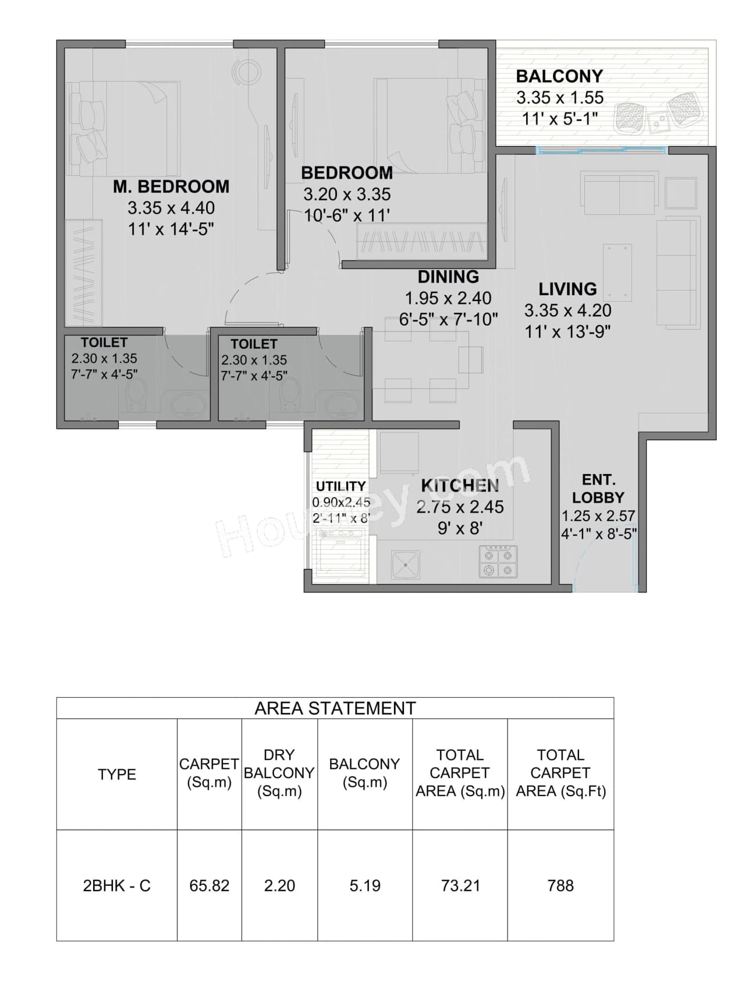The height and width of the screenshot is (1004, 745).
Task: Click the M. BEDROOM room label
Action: tap(171, 187)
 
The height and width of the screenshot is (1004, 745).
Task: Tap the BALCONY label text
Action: tap(559, 76)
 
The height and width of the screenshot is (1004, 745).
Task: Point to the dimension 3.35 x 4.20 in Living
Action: tap(567, 310)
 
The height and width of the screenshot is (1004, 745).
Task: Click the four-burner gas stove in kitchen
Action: tap(498, 561)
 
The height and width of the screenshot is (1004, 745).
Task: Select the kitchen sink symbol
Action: tap(406, 564)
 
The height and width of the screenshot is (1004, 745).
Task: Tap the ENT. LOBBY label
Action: tap(598, 489)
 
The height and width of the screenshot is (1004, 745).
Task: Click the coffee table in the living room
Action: tap(618, 272)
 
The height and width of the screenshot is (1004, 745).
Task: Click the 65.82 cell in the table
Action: tap(209, 886)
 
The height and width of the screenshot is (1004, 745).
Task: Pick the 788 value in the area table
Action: tap(560, 886)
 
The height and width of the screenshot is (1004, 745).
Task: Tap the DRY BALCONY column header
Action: tap(279, 773)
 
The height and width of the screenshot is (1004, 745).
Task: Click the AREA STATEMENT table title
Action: tap(335, 708)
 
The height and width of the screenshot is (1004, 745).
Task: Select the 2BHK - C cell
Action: tap(116, 886)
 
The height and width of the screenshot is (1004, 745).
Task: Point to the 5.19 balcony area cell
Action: tap(365, 886)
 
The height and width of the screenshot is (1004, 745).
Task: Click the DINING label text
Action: tap(448, 277)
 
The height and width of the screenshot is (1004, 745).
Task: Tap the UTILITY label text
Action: tap(340, 486)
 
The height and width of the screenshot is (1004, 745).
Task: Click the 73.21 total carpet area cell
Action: tap(460, 886)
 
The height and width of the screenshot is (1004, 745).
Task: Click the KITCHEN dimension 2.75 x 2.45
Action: tap(460, 507)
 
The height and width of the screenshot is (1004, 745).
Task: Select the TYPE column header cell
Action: tap(116, 775)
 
